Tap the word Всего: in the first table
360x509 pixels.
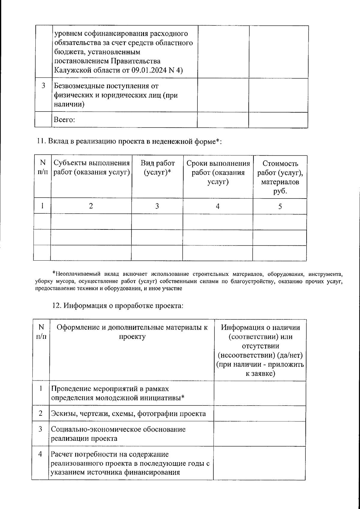pyautogui.click(x=64, y=120)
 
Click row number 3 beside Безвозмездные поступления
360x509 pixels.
pyautogui.click(x=43, y=86)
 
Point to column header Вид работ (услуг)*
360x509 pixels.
pyautogui.click(x=157, y=168)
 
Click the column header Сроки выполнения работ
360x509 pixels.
pyautogui.click(x=218, y=172)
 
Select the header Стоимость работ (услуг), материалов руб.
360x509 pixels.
pyautogui.click(x=280, y=177)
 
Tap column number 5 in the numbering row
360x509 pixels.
pyautogui.click(x=280, y=206)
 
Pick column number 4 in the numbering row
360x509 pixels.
pyautogui.click(x=217, y=206)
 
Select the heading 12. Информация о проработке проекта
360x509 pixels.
pyautogui.click(x=118, y=306)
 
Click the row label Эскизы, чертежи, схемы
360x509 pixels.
pyautogui.click(x=128, y=414)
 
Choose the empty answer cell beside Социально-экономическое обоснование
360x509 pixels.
pyautogui.click(x=259, y=433)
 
